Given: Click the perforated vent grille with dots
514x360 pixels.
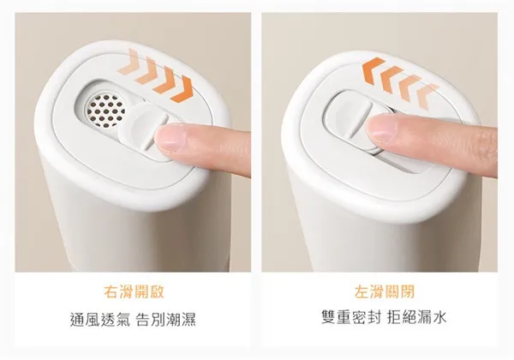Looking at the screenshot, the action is pyautogui.click(x=105, y=111).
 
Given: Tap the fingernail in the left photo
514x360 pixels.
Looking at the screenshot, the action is pyautogui.click(x=170, y=138).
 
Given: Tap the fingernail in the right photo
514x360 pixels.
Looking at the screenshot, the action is pyautogui.click(x=380, y=129).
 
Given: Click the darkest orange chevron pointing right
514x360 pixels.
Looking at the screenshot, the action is pyautogui.click(x=182, y=89).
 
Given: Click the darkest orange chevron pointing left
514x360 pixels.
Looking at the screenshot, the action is pyautogui.click(x=374, y=71).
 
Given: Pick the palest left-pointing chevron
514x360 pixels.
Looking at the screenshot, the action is pyautogui.click(x=427, y=96).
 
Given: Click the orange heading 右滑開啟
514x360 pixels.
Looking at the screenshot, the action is pyautogui.click(x=134, y=291).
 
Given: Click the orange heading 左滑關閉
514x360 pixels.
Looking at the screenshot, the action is pyautogui.click(x=384, y=291).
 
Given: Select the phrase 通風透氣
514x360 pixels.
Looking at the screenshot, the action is pyautogui.click(x=100, y=320).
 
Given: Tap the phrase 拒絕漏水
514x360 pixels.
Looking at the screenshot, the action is pyautogui.click(x=416, y=317).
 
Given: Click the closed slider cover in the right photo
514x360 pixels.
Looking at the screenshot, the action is pyautogui.click(x=350, y=118).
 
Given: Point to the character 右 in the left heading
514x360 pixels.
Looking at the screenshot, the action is pyautogui.click(x=111, y=291).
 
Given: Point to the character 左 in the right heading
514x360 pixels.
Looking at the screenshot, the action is pyautogui.click(x=362, y=291).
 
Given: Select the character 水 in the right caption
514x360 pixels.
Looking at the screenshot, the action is pyautogui.click(x=439, y=317).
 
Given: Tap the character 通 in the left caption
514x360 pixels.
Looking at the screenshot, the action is pyautogui.click(x=77, y=320).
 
